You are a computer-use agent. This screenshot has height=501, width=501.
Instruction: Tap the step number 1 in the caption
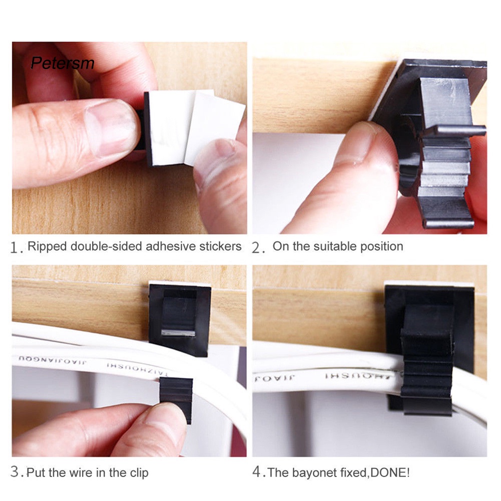click(x=17, y=248)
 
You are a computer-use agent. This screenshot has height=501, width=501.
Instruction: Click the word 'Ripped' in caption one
click(x=45, y=246)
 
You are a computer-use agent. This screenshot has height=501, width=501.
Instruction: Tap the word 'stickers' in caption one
click(x=222, y=246)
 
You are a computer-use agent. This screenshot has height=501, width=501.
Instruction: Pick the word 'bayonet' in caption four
click(x=311, y=472)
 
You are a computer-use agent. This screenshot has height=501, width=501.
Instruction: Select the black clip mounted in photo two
click(x=440, y=145)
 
